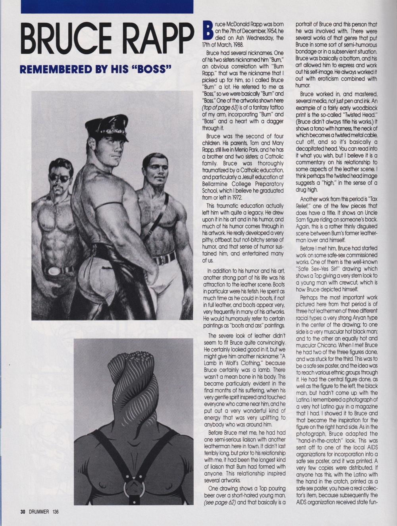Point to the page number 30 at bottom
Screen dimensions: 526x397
(x=23, y=512)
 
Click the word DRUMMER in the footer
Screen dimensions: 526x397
(x=39, y=512)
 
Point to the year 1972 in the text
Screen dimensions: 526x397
(x=237, y=197)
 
